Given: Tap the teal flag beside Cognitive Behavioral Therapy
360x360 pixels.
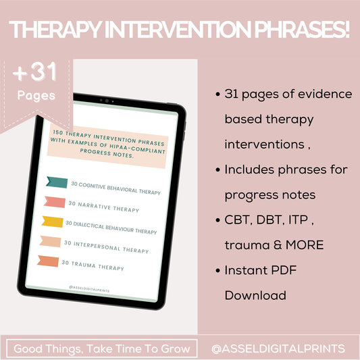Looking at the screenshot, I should (56, 182).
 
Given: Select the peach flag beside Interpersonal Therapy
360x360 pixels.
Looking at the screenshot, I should (51, 241).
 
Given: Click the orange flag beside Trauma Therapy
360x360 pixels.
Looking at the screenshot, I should (49, 261).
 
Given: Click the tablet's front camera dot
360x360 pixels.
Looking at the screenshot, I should (105, 100).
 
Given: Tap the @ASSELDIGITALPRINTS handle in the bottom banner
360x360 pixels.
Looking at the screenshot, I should (278, 349).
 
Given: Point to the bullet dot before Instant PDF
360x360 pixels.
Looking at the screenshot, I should (215, 270).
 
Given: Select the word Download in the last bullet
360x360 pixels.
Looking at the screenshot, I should (255, 295).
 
